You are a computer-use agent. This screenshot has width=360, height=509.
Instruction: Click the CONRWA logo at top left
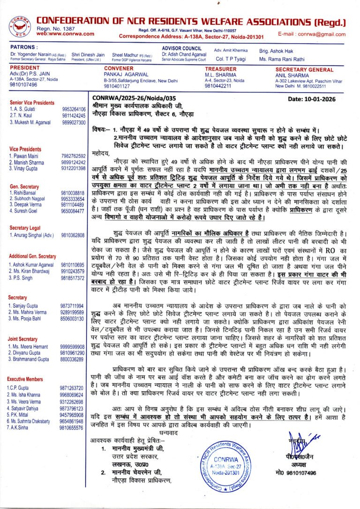[x=20, y=26]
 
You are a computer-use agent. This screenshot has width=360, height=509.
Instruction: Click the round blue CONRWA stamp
[x=225, y=464]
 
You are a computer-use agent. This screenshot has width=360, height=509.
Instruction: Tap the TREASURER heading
[x=220, y=68]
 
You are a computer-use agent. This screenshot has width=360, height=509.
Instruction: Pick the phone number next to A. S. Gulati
[x=74, y=109]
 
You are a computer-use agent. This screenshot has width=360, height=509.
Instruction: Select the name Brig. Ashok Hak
[x=276, y=50]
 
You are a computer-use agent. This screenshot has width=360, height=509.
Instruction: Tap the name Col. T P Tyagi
[x=231, y=59]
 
